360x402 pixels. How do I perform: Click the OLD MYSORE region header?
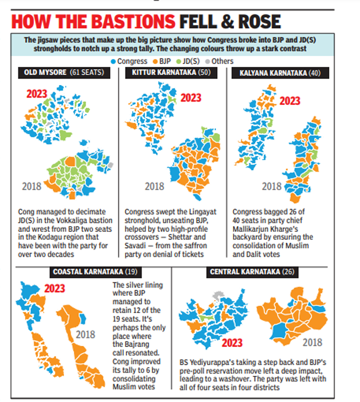click(x=44, y=73)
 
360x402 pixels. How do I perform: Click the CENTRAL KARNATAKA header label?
click(x=245, y=272)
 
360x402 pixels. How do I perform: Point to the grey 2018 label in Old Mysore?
click(x=32, y=185)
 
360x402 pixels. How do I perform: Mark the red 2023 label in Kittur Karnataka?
click(x=190, y=98)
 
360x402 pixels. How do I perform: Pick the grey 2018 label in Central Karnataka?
click(x=312, y=342)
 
